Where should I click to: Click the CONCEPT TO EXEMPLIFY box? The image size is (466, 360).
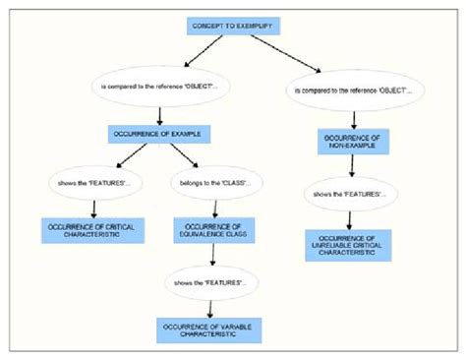pos(232,29)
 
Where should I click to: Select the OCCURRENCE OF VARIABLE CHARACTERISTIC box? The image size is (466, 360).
pos(208,329)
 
